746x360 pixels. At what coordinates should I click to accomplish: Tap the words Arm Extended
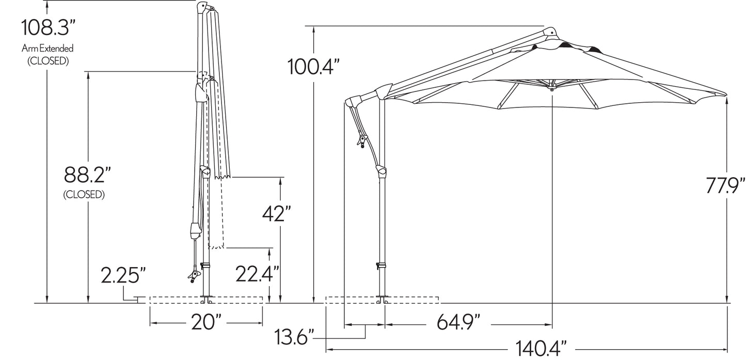pos(47,49)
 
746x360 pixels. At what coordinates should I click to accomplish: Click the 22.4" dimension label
pos(257,274)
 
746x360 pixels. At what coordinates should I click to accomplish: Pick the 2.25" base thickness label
pos(123,275)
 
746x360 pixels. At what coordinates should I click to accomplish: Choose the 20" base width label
pos(206,322)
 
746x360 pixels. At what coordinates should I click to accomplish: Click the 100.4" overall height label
pos(313,67)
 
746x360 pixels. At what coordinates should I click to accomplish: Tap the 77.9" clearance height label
pos(725,185)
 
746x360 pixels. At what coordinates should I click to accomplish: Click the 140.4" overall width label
pos(541,349)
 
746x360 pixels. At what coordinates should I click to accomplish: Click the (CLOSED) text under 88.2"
pos(84,195)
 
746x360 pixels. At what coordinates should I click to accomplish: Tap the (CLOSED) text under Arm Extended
pos(48,61)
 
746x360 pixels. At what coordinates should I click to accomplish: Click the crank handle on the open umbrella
pos(362,140)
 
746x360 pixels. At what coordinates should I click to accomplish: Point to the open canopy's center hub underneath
pos(552,89)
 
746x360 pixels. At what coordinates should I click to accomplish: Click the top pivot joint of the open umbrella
pos(550,33)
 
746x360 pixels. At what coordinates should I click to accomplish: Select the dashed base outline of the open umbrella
pos(382,300)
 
